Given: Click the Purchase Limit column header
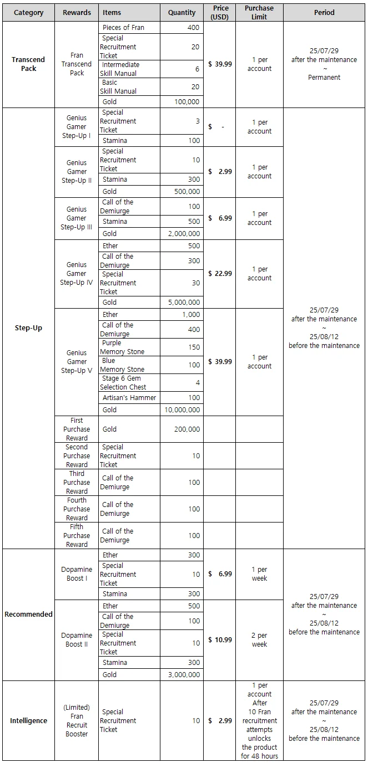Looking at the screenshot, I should [259, 12].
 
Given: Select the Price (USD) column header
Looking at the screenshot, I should [220, 12].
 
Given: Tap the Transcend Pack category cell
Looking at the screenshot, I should [28, 64].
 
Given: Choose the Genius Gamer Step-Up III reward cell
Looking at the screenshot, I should [77, 218].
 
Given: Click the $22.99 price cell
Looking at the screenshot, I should [220, 274].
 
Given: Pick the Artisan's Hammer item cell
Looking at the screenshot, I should [129, 398].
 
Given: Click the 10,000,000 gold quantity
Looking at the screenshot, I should [182, 410].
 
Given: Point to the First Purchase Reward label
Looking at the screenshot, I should [77, 429].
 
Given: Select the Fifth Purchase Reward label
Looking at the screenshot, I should [77, 536].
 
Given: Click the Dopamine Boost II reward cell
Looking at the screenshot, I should [77, 640].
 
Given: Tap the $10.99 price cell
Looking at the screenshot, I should [220, 640].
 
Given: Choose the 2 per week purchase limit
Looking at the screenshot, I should [259, 640].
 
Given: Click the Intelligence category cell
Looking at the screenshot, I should [28, 721].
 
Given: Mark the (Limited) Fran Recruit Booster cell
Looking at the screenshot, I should [77, 721].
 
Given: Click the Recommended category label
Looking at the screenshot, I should [28, 615].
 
